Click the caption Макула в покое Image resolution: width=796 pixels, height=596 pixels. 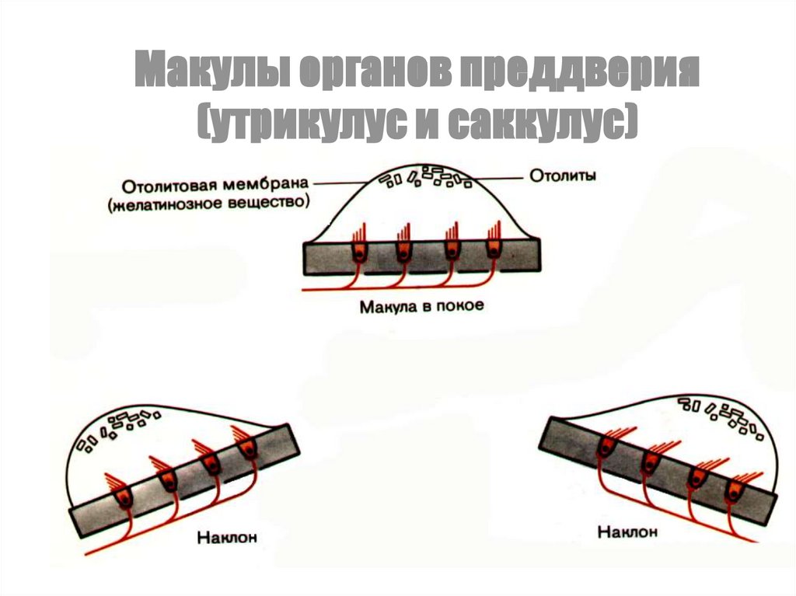click(x=421, y=305)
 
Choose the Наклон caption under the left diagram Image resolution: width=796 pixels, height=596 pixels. click(x=227, y=537)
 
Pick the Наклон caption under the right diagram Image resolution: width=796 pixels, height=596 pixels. click(x=627, y=532)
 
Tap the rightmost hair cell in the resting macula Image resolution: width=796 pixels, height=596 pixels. click(x=494, y=250)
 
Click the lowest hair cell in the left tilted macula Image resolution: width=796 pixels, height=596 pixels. click(x=124, y=497)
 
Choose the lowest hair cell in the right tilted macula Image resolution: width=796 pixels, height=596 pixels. click(x=734, y=490)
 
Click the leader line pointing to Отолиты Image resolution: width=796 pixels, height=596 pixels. click(x=497, y=176)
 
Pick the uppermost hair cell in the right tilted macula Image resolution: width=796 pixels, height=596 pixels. click(x=606, y=445)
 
